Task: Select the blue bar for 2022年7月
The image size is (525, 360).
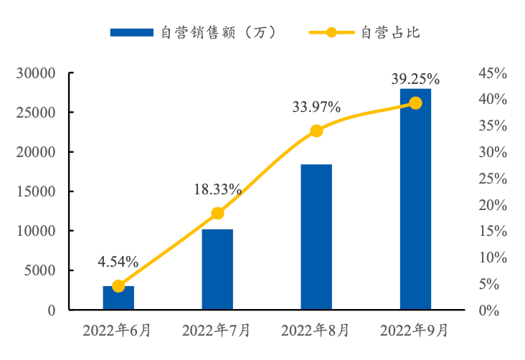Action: click(x=217, y=270)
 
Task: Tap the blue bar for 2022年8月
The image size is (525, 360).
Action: click(x=316, y=237)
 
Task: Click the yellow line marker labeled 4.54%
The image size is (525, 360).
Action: click(x=118, y=286)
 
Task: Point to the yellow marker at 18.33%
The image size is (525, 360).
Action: click(x=217, y=213)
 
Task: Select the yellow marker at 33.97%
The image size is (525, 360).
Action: click(x=316, y=131)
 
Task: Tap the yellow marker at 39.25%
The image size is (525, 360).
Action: click(x=415, y=103)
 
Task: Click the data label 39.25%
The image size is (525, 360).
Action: click(x=415, y=79)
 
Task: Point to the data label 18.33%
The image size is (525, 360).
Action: click(x=217, y=190)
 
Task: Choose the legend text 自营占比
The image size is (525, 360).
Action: click(x=389, y=32)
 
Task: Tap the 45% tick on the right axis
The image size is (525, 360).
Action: click(x=493, y=73)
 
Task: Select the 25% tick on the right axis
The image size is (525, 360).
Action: click(x=493, y=179)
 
